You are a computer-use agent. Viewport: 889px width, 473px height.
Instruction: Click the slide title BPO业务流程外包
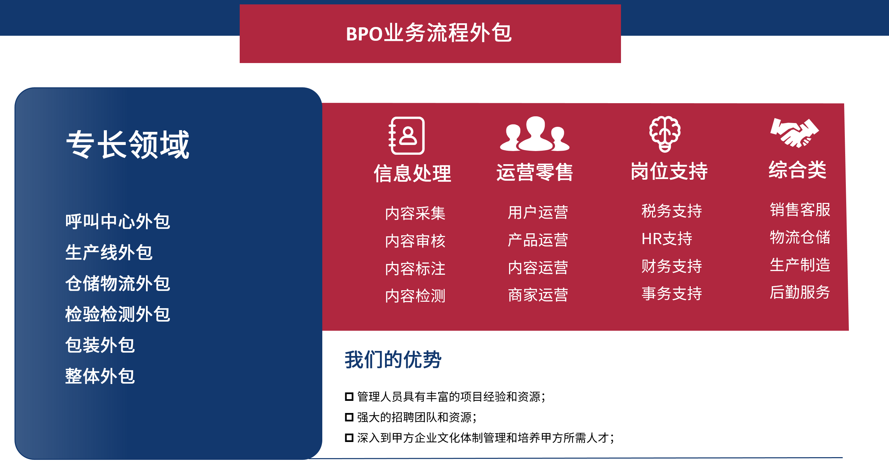pyautogui.click(x=428, y=33)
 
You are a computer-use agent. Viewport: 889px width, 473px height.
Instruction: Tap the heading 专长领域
pyautogui.click(x=128, y=145)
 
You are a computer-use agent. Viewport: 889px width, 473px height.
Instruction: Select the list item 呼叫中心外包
pyautogui.click(x=118, y=221)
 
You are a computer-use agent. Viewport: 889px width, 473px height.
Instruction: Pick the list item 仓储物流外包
pyautogui.click(x=118, y=283)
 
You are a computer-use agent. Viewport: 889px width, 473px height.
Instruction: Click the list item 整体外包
pyautogui.click(x=100, y=376)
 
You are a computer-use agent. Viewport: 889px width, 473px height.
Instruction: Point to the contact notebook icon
pyautogui.click(x=407, y=136)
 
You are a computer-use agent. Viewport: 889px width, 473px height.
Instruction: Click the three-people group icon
pyautogui.click(x=535, y=134)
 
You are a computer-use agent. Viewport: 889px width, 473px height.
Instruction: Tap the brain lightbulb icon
pyautogui.click(x=665, y=134)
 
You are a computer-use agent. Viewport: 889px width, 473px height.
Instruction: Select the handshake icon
pyautogui.click(x=795, y=133)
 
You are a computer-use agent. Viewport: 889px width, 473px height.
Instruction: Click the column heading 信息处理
pyautogui.click(x=412, y=173)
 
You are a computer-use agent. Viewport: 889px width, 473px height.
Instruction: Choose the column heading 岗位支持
pyautogui.click(x=669, y=171)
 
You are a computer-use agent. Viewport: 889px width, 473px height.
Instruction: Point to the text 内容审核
pyautogui.click(x=415, y=241)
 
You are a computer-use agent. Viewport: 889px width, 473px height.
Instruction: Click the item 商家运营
pyautogui.click(x=538, y=295)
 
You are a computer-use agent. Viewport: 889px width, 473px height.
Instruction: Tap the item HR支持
pyautogui.click(x=667, y=239)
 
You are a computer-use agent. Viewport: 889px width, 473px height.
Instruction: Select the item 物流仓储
pyautogui.click(x=800, y=237)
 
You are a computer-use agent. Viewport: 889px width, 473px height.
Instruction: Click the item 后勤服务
pyautogui.click(x=800, y=292)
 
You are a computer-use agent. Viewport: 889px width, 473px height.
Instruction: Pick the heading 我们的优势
pyautogui.click(x=393, y=359)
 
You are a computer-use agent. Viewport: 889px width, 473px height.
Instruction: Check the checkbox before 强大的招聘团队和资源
pyautogui.click(x=349, y=417)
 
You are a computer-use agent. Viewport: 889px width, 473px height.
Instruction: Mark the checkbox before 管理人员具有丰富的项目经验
pyautogui.click(x=349, y=397)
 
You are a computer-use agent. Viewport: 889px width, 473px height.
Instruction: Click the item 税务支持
pyautogui.click(x=672, y=211)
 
